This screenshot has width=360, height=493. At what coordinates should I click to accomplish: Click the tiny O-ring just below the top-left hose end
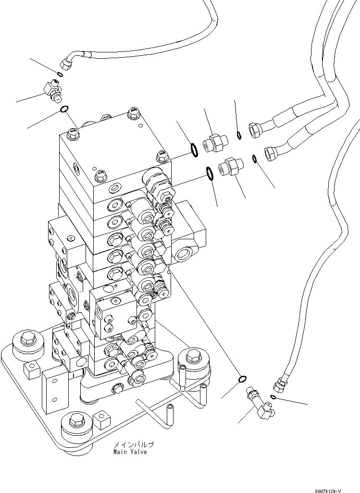tap(59, 74)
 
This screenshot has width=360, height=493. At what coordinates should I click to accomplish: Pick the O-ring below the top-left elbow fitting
tap(64, 111)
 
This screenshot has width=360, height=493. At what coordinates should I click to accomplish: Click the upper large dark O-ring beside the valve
tap(193, 149)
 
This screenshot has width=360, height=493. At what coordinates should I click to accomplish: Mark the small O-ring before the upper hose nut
tap(239, 135)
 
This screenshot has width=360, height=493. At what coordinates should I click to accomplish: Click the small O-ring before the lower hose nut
tap(255, 158)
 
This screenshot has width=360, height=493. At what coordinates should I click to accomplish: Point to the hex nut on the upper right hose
tap(255, 129)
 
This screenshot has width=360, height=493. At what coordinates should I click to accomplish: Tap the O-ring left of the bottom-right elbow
tap(243, 380)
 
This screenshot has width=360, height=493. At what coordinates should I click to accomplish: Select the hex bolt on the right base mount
tap(193, 356)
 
